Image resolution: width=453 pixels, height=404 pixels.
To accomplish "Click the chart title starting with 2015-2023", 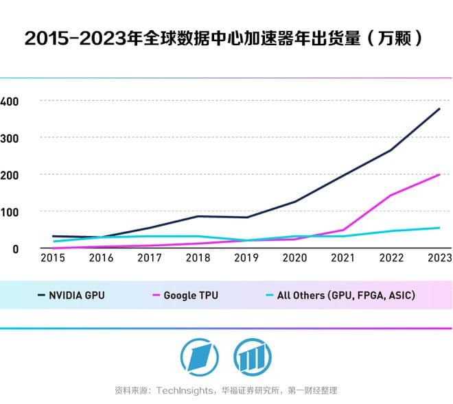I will click(222, 38).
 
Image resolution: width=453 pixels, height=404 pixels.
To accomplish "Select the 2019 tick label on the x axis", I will click(246, 258).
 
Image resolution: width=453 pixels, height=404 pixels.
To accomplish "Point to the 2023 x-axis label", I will click(439, 258).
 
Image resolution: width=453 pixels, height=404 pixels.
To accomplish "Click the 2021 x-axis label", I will click(342, 258).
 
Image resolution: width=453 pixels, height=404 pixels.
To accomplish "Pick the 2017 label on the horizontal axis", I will click(149, 258).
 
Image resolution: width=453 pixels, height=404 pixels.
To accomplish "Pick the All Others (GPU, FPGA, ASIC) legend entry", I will click(339, 296).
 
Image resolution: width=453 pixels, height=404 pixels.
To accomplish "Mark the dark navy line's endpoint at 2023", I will click(439, 108).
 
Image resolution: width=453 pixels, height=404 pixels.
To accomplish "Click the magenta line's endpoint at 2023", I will click(439, 174).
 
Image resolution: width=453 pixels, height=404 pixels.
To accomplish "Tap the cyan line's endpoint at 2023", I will click(439, 228).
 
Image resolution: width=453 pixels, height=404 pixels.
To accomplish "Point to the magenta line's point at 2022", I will click(391, 195).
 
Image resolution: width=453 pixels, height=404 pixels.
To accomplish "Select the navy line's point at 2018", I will click(198, 216).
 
